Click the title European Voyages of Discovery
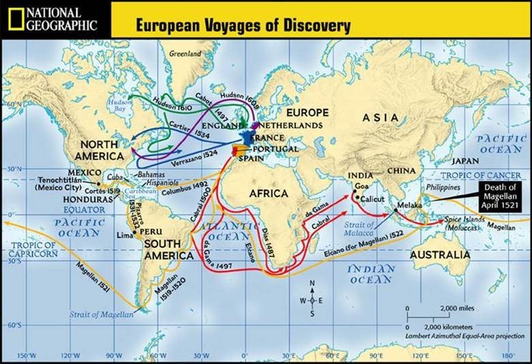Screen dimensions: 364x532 pyautogui.click(x=243, y=26)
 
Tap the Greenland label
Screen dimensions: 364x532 pyautogui.click(x=186, y=53)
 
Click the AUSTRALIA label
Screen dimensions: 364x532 pyautogui.click(x=440, y=255)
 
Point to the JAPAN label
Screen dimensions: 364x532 pyautogui.click(x=466, y=161)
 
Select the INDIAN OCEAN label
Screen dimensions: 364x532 pyautogui.click(x=371, y=274)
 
